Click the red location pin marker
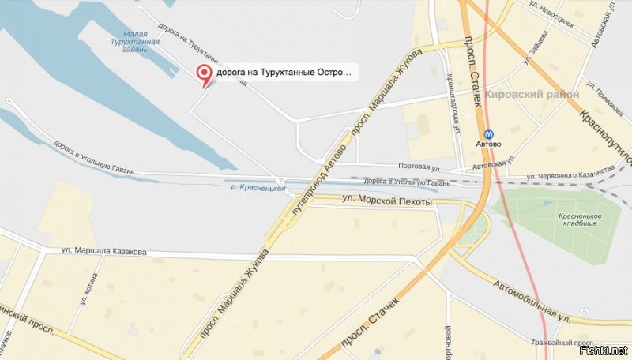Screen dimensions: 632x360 tap(204, 75)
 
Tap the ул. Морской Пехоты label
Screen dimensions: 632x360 tap(387, 203)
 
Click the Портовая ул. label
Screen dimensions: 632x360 tap(419, 167)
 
